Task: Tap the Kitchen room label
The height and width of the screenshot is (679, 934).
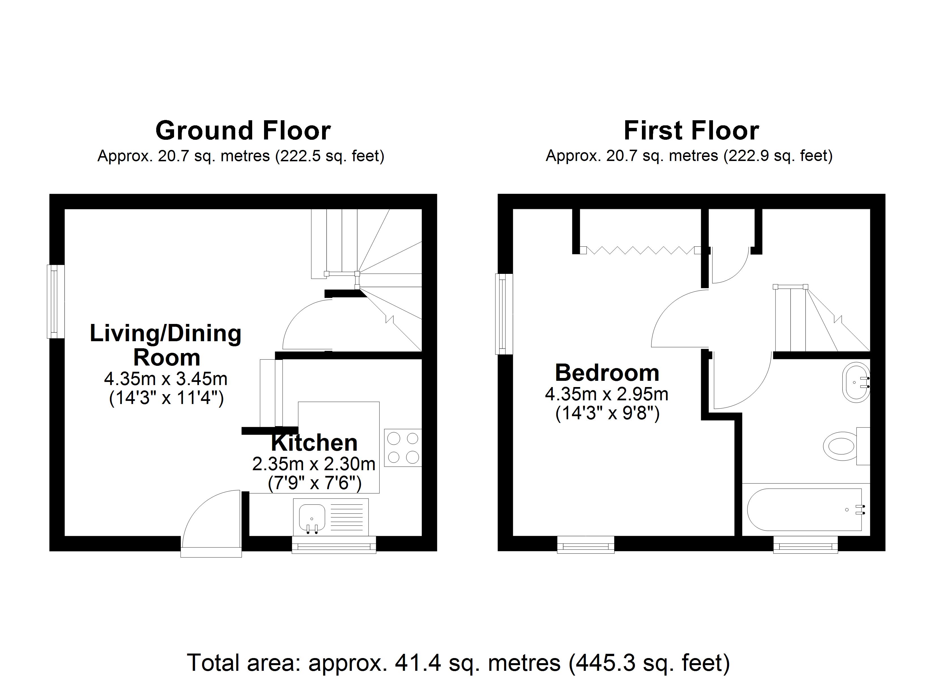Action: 314,443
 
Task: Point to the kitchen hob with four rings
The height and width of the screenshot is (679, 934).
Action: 403,448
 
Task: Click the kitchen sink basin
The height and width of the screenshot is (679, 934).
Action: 312,517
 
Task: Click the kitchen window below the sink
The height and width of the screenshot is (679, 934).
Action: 334,545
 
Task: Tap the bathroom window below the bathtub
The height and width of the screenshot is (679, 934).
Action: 805,545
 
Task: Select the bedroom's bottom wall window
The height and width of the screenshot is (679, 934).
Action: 586,545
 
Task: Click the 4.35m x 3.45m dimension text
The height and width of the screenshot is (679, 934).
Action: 166,379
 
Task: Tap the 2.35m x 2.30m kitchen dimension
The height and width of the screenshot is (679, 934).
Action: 314,464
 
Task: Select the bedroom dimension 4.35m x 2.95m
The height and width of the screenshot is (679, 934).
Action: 607,394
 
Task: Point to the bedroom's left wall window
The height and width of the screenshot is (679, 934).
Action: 504,314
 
